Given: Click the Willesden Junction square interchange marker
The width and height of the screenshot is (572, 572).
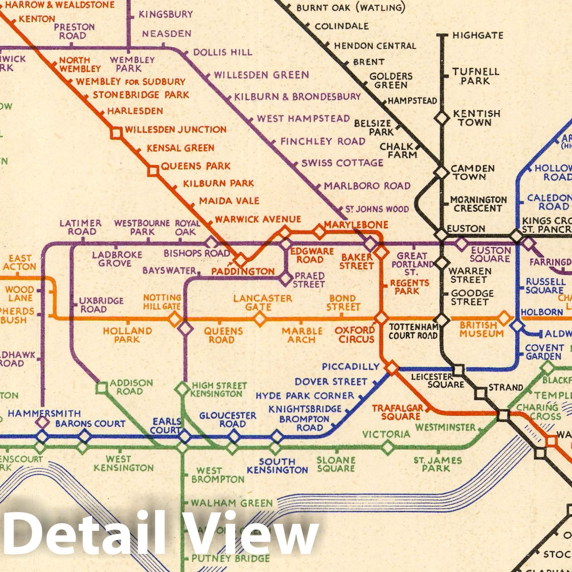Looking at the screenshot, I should [116, 133].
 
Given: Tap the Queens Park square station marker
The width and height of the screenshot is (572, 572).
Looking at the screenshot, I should [153, 171].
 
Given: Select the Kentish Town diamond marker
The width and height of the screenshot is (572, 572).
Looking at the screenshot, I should [442, 118].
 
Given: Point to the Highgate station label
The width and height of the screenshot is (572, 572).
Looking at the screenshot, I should [478, 35].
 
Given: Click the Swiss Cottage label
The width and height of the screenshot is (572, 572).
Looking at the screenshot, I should [342, 163].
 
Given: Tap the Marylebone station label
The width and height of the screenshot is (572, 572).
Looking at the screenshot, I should [356, 225].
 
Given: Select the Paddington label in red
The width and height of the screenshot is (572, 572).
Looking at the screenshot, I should [243, 271].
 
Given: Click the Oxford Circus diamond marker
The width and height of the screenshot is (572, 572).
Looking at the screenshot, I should [381, 317].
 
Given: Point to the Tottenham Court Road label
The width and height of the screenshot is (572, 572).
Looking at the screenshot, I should [413, 331].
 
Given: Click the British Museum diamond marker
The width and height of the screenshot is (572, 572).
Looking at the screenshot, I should [504, 318].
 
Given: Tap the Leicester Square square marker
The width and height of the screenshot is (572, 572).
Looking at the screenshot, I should [459, 370].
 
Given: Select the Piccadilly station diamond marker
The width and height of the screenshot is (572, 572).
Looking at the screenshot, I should [392, 367].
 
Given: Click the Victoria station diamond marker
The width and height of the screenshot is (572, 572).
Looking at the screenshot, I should [388, 447].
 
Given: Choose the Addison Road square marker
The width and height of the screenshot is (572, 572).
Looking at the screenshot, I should [102, 388].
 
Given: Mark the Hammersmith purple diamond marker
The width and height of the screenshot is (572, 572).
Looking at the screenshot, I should [42, 423].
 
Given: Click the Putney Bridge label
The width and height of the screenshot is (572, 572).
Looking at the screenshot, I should [231, 558].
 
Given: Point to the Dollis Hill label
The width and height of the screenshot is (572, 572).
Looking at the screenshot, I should [223, 53].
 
